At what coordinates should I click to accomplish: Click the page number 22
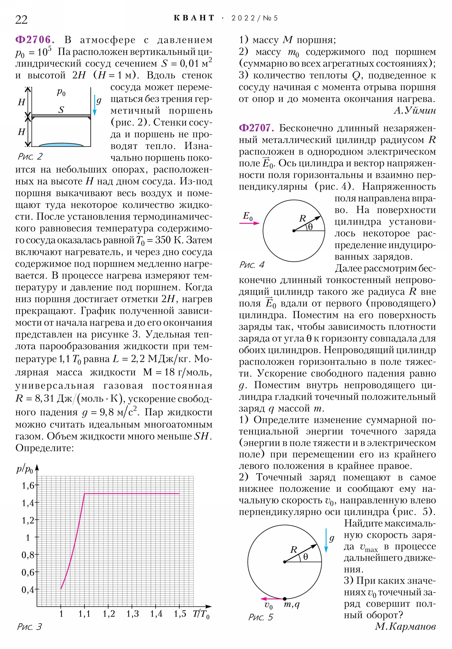click(21, 20)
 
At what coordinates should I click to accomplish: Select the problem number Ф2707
click(257, 128)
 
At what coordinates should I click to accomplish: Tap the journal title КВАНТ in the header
click(194, 18)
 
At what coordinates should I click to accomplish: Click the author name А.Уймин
click(415, 111)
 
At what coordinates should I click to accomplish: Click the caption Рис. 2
click(30, 156)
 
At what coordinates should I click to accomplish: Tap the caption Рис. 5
click(261, 617)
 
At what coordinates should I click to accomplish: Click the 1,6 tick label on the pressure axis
click(28, 486)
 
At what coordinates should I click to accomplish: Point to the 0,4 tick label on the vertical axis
click(28, 590)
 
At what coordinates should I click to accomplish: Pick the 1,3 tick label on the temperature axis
click(132, 614)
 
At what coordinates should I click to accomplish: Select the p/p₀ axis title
click(25, 469)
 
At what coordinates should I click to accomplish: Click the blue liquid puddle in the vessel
click(61, 145)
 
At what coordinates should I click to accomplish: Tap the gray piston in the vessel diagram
click(61, 116)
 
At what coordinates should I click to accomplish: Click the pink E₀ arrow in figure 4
click(249, 223)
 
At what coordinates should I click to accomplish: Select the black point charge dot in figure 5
click(285, 599)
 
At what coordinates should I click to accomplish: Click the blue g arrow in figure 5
click(326, 540)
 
